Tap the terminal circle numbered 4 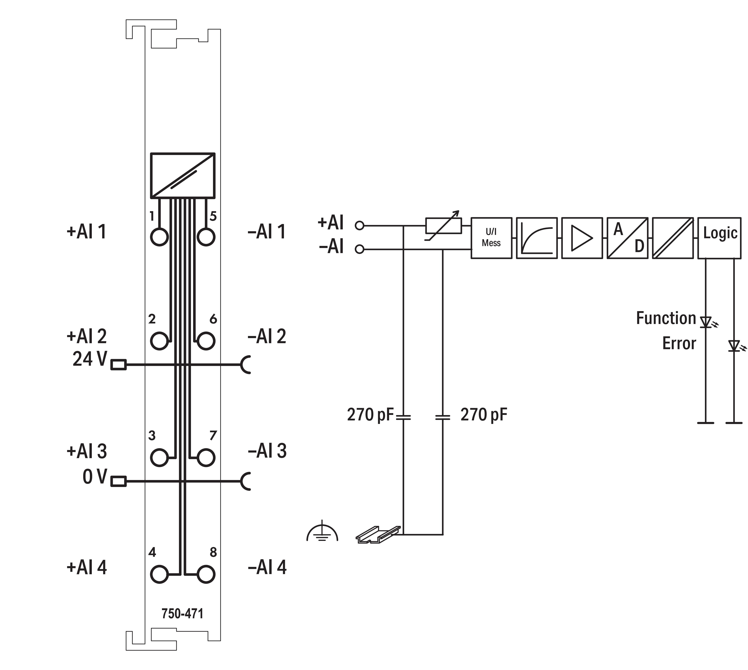point(159,574)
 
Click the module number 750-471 point(182,614)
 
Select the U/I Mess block point(491,238)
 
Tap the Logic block point(719,238)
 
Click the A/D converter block point(627,238)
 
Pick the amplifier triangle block point(582,238)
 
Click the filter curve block point(537,238)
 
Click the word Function point(666,318)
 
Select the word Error point(679,344)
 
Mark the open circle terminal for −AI point(359,250)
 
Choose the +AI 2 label point(87,336)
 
